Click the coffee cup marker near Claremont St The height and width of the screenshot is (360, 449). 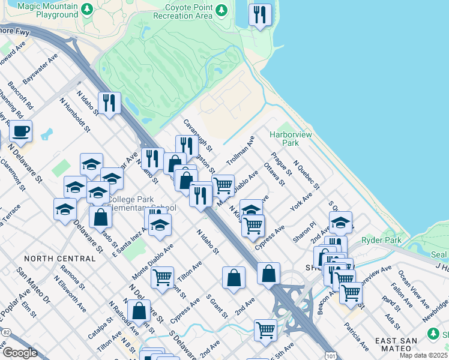coord(21,131)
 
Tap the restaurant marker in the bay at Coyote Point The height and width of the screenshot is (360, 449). coord(259,15)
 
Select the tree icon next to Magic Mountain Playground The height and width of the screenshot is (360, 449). coord(87,10)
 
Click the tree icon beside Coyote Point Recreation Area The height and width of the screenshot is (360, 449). coord(222,10)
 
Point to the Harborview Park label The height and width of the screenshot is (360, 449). coord(291,139)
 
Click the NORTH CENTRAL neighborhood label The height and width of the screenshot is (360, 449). coord(59,259)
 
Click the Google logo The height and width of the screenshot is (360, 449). coord(20,353)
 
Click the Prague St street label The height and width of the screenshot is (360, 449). coord(281,163)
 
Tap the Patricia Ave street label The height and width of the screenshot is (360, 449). coord(356,336)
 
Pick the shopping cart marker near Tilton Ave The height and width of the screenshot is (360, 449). coord(162,278)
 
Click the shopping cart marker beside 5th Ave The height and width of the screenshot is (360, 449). coord(265,329)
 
